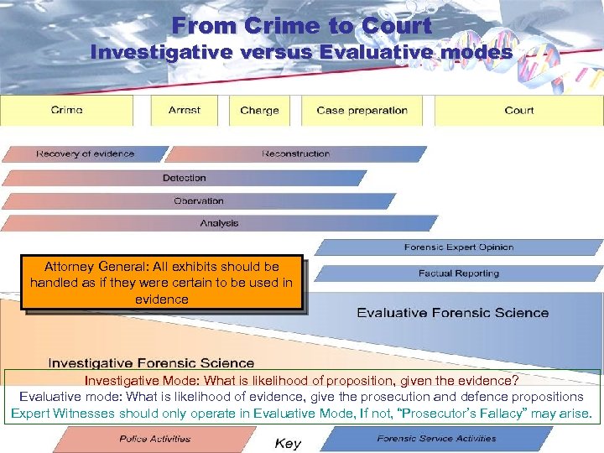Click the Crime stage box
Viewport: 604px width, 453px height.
[x=67, y=111]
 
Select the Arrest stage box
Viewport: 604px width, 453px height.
[x=184, y=111]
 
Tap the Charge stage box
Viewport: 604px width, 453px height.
[x=259, y=111]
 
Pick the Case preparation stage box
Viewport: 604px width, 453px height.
[x=362, y=111]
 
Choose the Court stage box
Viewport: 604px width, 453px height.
[x=519, y=111]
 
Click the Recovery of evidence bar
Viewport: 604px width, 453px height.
[x=85, y=154]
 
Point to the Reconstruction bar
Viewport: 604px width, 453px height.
[x=295, y=154]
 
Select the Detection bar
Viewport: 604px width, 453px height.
[x=185, y=178]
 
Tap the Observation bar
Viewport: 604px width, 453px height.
[x=199, y=201]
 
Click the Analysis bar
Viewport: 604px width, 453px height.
[x=219, y=223]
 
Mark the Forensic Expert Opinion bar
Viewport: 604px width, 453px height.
[x=458, y=247]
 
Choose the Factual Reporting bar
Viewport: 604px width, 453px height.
[x=458, y=273]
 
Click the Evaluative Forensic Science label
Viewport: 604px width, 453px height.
[x=453, y=313]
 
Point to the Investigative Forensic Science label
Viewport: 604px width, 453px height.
[x=151, y=363]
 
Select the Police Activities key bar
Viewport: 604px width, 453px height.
[x=154, y=439]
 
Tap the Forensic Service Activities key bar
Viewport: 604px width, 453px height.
[x=436, y=439]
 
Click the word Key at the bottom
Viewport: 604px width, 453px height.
[x=288, y=443]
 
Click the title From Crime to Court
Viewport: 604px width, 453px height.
[x=302, y=25]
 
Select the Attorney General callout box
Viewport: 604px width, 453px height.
[x=162, y=283]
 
